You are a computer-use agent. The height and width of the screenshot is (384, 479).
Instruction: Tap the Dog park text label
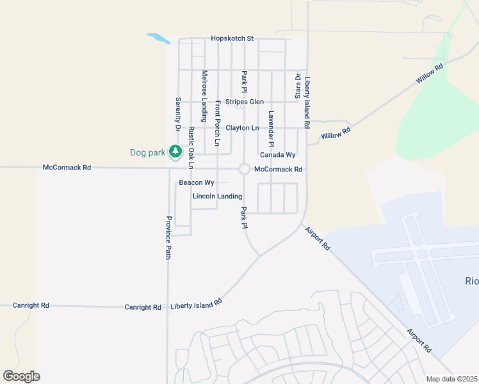(147, 152)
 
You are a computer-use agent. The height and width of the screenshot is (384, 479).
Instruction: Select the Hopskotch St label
(232, 38)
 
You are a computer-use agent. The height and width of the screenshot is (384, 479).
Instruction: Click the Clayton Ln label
(242, 128)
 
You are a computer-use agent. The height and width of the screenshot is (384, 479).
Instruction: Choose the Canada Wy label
(277, 155)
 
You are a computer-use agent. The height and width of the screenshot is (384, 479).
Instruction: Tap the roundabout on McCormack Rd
(244, 169)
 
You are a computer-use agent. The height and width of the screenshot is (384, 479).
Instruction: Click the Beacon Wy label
(196, 182)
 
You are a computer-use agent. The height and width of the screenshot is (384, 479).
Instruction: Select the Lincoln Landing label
(217, 196)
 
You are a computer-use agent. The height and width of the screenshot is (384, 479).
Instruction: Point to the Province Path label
(168, 237)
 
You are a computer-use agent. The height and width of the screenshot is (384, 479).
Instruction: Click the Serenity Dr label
(178, 114)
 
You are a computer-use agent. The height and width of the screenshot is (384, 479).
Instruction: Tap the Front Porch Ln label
(218, 124)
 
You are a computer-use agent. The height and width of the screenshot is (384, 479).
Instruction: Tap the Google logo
(21, 376)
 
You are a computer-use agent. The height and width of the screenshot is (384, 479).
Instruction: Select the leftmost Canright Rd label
(31, 306)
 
